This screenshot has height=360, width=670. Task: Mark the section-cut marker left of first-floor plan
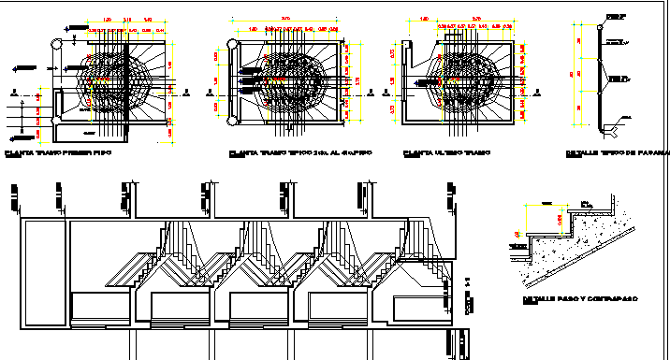coord(10,93)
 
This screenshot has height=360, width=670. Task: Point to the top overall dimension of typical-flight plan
coord(285,18)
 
